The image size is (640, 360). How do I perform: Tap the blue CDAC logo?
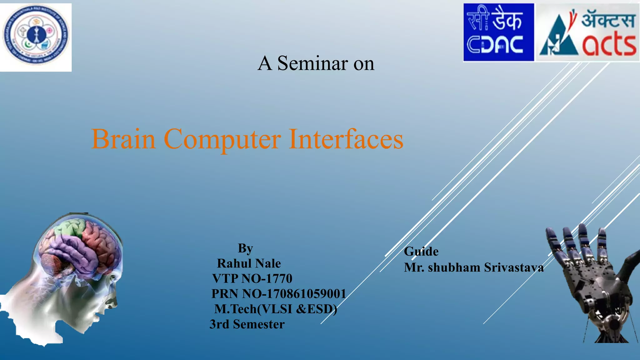pos(498,32)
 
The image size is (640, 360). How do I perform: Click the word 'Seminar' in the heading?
pos(312,63)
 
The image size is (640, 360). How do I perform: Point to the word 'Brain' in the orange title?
pos(123,139)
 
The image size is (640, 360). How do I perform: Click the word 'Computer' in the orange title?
pos(222,139)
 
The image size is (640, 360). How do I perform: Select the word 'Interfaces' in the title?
pos(346,139)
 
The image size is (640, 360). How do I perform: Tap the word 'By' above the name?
pos(245,248)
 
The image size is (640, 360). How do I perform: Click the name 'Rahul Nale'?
pos(249,263)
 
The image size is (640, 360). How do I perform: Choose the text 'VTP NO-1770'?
pos(252,278)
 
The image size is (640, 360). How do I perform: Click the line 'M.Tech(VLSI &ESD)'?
pos(276,309)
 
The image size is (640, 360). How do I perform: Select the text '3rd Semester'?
pos(247,324)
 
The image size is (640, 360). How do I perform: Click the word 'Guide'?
pos(421,252)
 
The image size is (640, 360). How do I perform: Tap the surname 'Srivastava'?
pos(514,267)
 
